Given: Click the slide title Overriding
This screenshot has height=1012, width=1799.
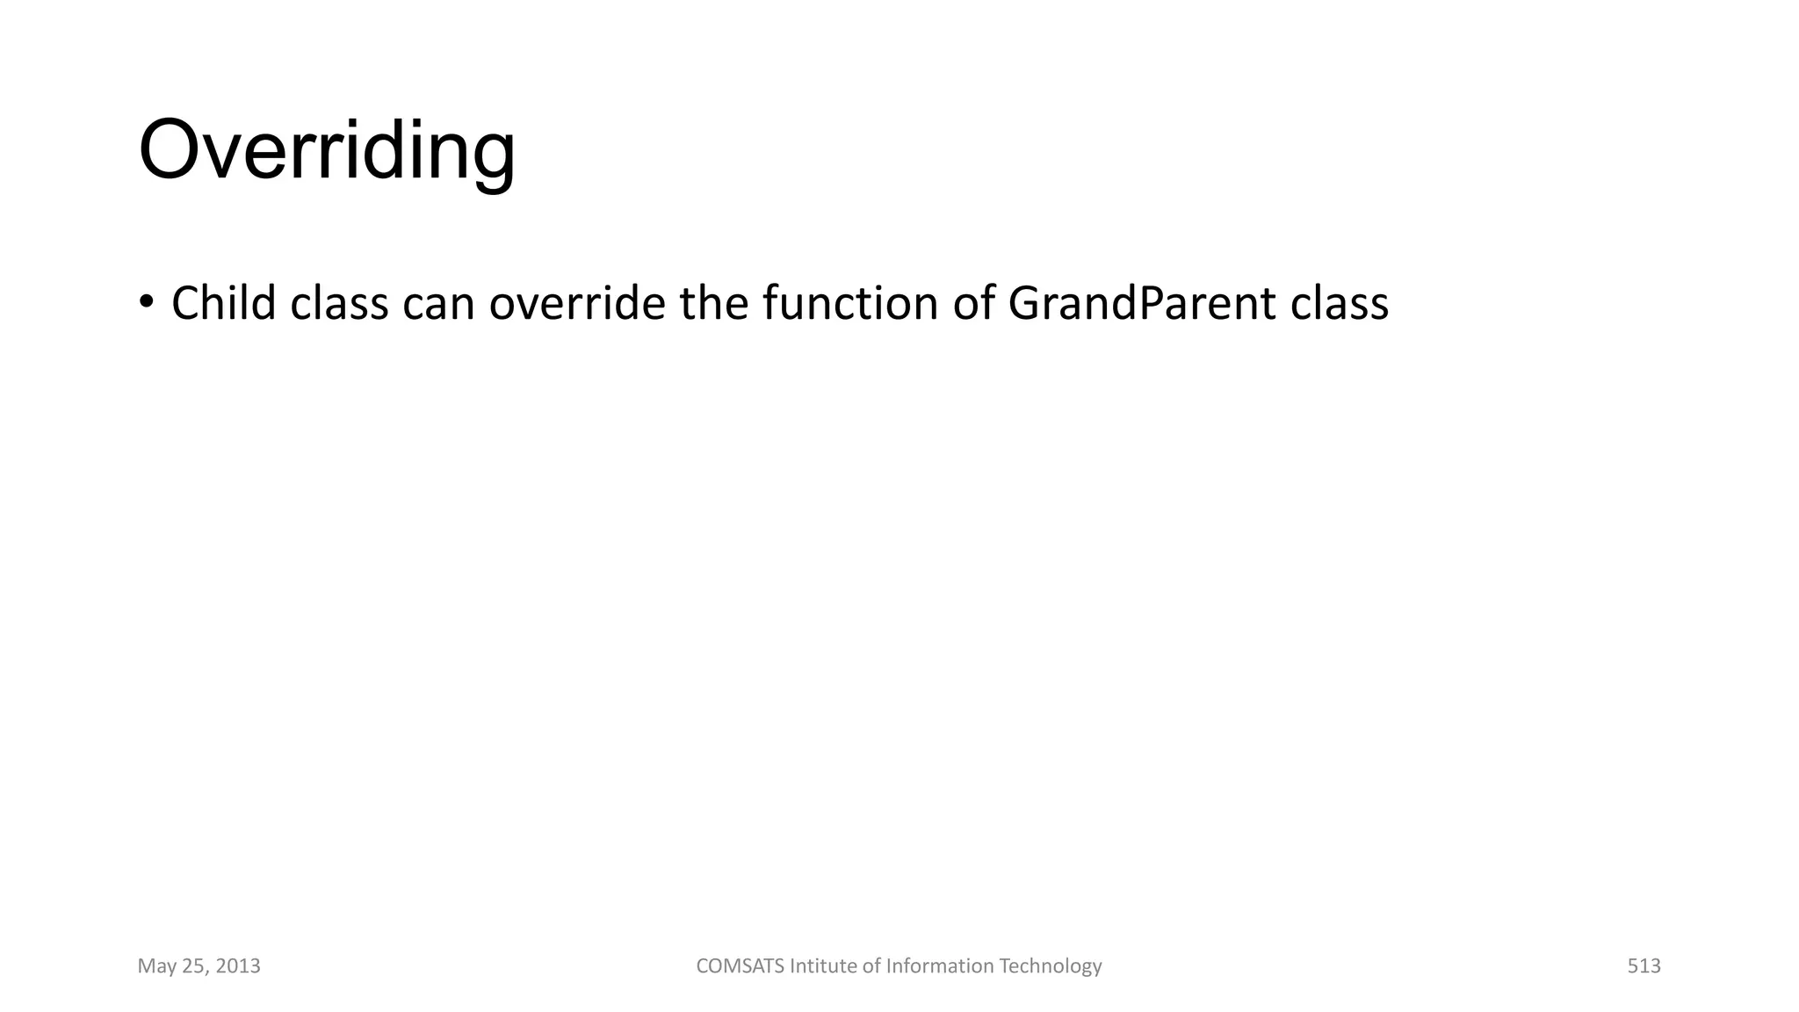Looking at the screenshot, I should point(327,151).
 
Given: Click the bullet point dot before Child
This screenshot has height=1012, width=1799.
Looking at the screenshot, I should point(147,301).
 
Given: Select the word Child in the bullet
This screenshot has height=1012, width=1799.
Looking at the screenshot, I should point(223,303).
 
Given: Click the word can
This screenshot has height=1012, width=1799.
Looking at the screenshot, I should point(438,305).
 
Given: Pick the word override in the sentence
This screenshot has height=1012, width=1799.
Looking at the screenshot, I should point(577,303).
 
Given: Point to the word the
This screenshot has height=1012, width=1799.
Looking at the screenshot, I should point(713,303).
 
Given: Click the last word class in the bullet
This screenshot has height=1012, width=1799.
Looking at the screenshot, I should point(1340,303).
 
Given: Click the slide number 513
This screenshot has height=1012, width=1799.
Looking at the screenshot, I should point(1644,966).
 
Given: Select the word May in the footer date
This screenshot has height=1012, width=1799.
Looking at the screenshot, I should point(156,967).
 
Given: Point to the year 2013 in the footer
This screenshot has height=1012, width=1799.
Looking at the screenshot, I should point(238,966).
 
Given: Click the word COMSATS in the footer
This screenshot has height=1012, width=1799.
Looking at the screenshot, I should point(741,966).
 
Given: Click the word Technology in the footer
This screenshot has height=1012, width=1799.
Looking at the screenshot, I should point(1051,966).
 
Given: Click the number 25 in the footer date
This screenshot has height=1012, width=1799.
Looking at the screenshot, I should point(193,966).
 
